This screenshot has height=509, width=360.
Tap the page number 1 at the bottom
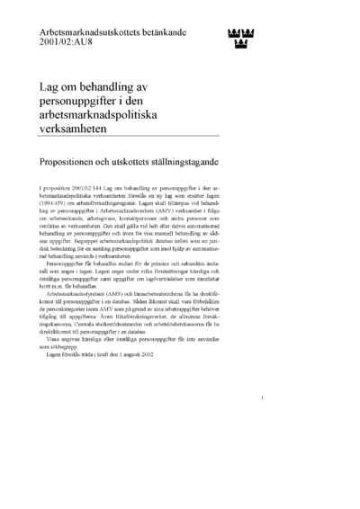pyautogui.click(x=261, y=421)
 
